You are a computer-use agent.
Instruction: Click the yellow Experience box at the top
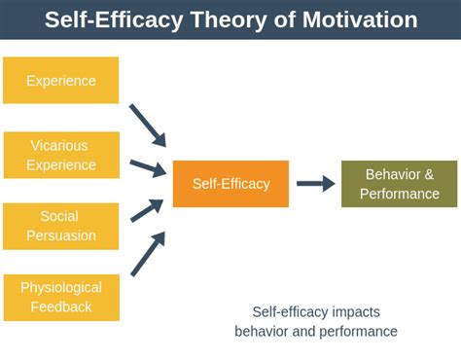click(x=60, y=80)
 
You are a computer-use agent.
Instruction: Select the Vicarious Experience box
click(x=60, y=155)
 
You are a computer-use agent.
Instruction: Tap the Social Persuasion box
click(x=60, y=226)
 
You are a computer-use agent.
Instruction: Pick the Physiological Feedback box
click(x=60, y=297)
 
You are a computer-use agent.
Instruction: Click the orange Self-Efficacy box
click(x=230, y=184)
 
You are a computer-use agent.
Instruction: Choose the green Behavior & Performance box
click(x=399, y=184)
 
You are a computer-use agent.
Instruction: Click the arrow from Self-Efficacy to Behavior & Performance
click(x=315, y=184)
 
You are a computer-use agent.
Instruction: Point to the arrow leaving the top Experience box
click(x=148, y=125)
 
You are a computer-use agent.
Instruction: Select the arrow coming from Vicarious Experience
click(x=148, y=167)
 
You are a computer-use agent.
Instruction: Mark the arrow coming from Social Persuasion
click(x=148, y=206)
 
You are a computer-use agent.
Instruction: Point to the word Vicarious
click(x=60, y=146)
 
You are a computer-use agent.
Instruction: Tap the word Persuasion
click(x=60, y=234)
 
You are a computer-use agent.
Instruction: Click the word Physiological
click(x=60, y=288)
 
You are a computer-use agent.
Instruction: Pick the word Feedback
click(x=60, y=306)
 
